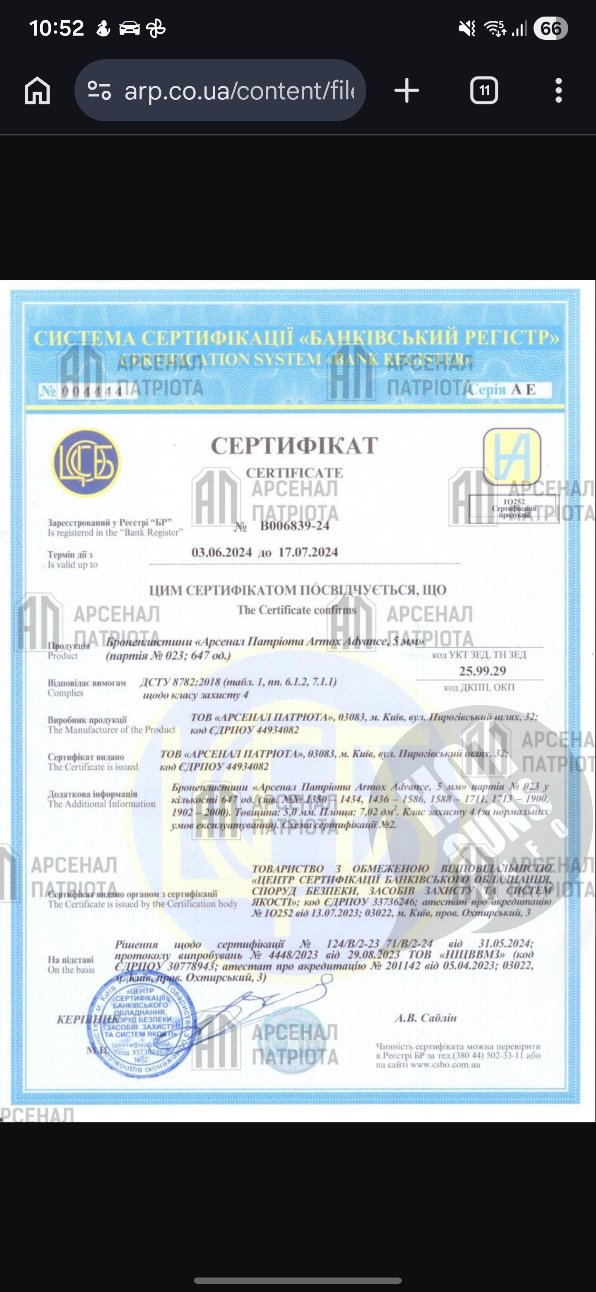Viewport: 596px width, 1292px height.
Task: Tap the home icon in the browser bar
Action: point(38,91)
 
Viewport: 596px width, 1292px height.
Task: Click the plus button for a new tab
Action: point(406,91)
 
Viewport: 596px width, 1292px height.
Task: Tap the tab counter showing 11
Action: point(484,91)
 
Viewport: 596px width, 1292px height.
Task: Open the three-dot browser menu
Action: point(558,91)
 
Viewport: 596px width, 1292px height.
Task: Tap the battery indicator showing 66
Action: point(550,29)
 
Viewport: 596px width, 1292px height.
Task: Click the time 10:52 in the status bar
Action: point(56,28)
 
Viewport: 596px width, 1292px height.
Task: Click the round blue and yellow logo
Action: point(86,462)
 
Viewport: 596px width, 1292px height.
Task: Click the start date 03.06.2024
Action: point(221,552)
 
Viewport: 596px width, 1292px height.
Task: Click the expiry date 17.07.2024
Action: point(308,552)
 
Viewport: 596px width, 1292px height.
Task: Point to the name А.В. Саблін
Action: point(425,1017)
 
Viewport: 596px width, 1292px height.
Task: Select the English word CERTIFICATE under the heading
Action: point(294,473)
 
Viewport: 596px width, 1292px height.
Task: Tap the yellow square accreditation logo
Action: point(512,456)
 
